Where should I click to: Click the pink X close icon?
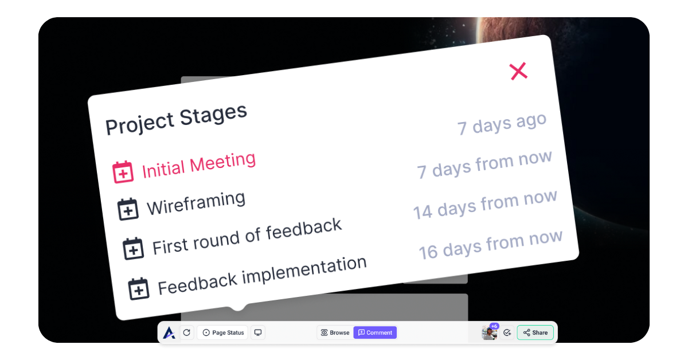(x=518, y=71)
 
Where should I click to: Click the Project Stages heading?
(x=176, y=119)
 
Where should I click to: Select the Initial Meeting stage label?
(x=199, y=165)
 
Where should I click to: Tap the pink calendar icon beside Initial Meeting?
(x=123, y=172)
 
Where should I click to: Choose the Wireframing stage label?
(x=196, y=203)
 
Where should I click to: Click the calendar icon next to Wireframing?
(x=128, y=209)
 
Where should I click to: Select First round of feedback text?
(x=247, y=237)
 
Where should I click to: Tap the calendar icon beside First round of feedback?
(x=133, y=248)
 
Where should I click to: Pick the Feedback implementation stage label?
(x=262, y=276)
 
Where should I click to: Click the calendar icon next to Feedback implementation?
(x=139, y=288)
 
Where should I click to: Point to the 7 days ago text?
(x=502, y=124)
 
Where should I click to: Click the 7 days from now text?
(x=484, y=165)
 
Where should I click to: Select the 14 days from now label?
(x=485, y=204)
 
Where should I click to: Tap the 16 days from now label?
(x=491, y=245)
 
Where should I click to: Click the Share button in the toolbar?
(x=535, y=332)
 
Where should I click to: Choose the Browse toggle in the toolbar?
(x=335, y=332)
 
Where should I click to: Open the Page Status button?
(x=223, y=332)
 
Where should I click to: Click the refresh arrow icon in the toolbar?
(x=187, y=332)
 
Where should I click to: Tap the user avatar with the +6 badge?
(x=490, y=332)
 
